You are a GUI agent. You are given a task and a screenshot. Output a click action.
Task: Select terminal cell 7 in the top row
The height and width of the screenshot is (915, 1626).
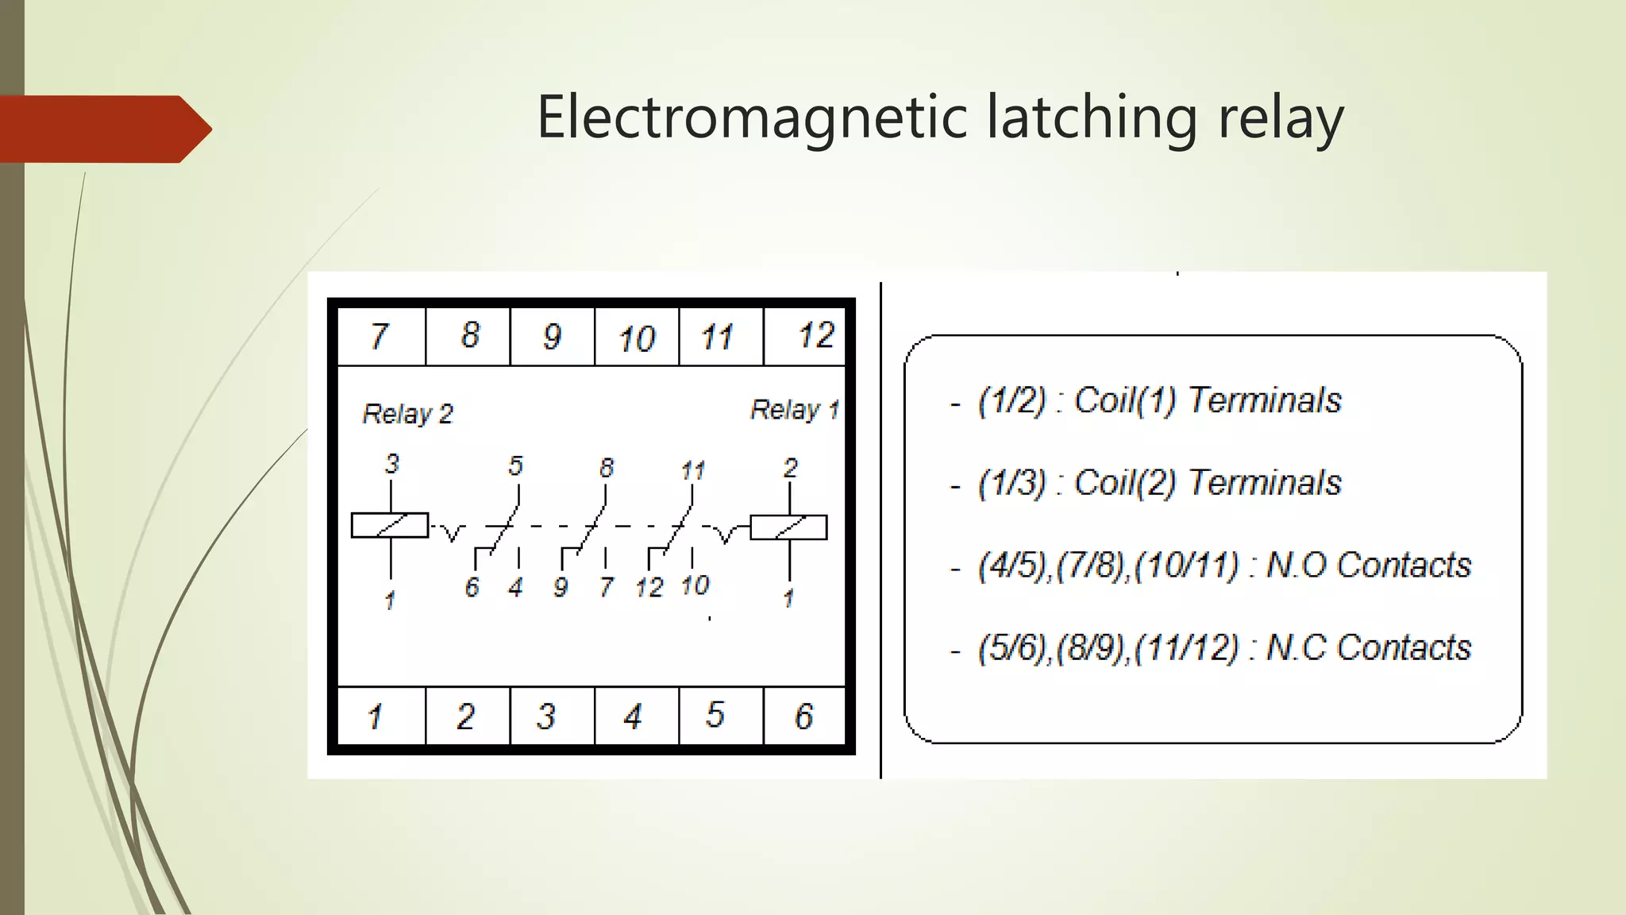pyautogui.click(x=380, y=336)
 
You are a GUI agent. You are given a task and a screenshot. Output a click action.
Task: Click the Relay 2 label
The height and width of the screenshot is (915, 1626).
pyautogui.click(x=407, y=414)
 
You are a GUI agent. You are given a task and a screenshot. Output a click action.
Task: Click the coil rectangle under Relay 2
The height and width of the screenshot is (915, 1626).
pyautogui.click(x=390, y=526)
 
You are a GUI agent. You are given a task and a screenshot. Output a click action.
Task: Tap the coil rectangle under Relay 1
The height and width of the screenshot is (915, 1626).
pyautogui.click(x=788, y=527)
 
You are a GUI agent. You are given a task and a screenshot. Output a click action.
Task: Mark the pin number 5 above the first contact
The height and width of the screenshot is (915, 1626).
pyautogui.click(x=516, y=465)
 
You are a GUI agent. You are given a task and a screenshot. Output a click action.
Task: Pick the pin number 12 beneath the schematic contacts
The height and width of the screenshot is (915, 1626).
pyautogui.click(x=649, y=588)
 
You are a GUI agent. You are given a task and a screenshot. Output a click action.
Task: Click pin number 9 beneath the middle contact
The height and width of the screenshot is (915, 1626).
pyautogui.click(x=561, y=588)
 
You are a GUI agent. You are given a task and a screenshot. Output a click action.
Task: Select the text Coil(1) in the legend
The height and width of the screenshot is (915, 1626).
pyautogui.click(x=1124, y=400)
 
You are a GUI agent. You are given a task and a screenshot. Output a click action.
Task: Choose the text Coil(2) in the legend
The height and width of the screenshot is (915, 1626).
pyautogui.click(x=1124, y=483)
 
